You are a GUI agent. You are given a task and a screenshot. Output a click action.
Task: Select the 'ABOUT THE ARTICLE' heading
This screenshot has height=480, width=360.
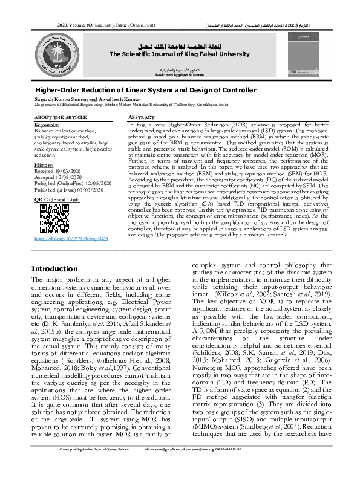pos(57,117)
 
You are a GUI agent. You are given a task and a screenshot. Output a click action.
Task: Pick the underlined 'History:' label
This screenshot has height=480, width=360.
pos(43,164)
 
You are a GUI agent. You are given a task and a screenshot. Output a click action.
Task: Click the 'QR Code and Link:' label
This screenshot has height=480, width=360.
pos(57,198)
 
